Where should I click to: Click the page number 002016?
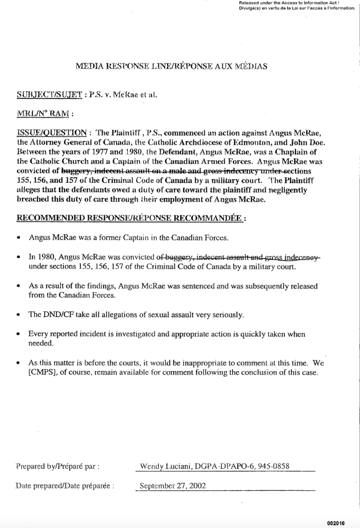click(335, 523)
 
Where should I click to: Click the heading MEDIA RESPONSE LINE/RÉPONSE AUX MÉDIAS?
click(171, 66)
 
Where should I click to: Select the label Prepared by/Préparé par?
click(58, 466)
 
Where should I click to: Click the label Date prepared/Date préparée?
click(64, 486)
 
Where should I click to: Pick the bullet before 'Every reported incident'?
click(19, 334)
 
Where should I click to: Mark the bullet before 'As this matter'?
click(19, 363)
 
